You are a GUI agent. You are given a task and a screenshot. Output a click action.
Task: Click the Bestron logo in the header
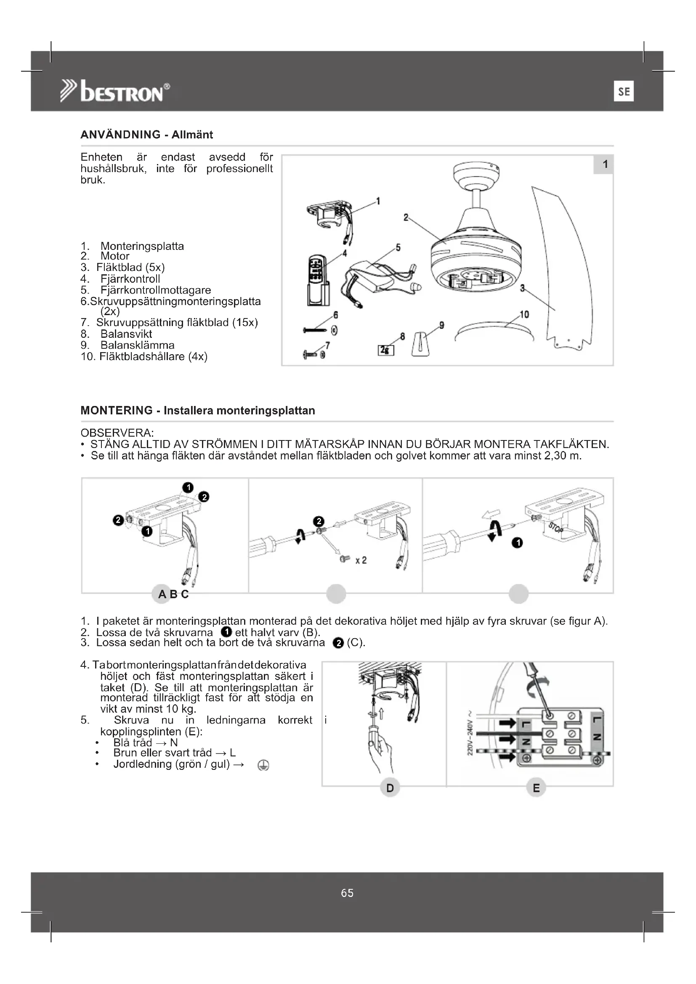(x=115, y=91)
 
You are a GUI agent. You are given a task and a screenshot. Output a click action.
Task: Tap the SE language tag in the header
(x=624, y=91)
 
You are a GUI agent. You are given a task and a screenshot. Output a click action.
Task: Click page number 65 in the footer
(x=347, y=893)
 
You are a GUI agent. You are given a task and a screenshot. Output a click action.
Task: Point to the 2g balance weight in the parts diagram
(x=386, y=350)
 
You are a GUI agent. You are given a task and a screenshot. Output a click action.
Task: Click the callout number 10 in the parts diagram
(x=525, y=315)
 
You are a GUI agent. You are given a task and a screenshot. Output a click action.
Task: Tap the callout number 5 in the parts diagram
(x=398, y=248)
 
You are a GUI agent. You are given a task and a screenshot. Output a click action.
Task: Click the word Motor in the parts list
(x=115, y=256)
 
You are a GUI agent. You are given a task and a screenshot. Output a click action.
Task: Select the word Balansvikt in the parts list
(x=126, y=334)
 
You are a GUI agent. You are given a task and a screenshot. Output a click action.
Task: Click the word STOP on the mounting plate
(x=555, y=528)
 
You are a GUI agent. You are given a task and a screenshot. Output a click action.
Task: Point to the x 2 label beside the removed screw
(x=361, y=560)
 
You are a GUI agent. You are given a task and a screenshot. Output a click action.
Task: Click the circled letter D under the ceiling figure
(x=390, y=788)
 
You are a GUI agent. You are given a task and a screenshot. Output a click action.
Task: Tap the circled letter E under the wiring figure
(x=536, y=788)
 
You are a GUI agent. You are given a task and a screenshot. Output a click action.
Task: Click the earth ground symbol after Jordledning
(x=263, y=765)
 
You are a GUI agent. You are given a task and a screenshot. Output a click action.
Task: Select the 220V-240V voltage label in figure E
(x=470, y=733)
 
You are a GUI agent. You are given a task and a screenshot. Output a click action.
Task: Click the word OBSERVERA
(x=117, y=432)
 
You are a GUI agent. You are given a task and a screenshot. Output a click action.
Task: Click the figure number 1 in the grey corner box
(x=605, y=164)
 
